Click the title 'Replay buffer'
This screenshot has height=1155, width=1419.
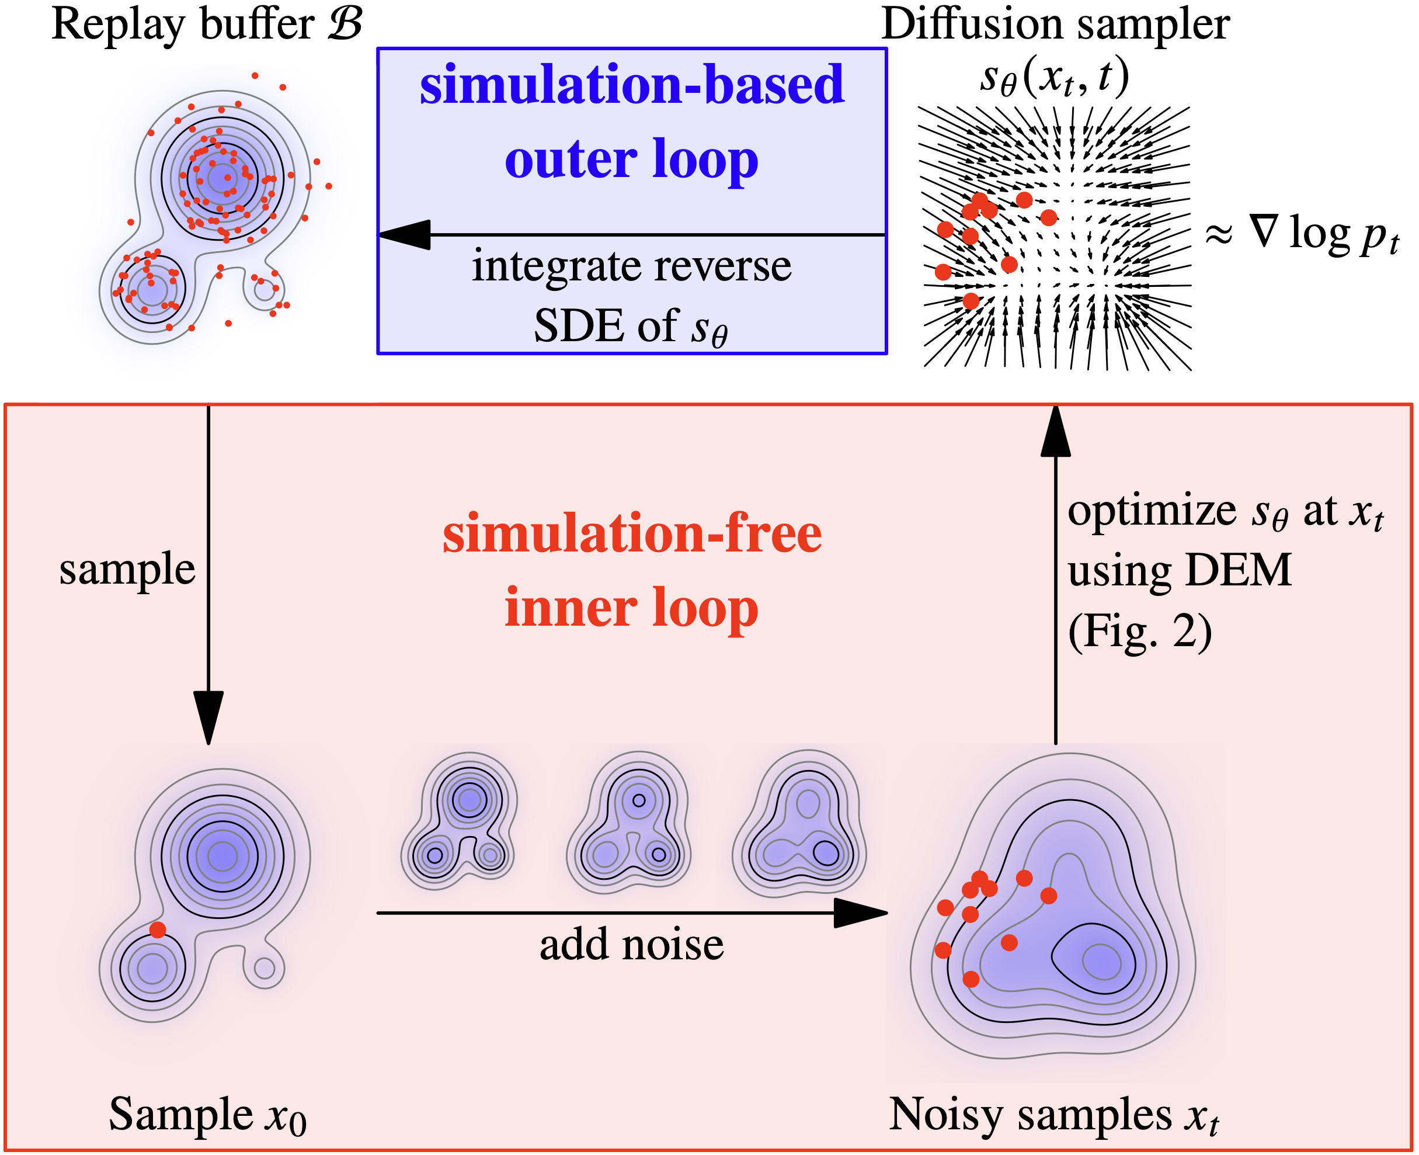coord(183,25)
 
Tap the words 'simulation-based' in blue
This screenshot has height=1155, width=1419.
coord(632,85)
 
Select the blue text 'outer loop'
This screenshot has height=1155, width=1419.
coord(632,159)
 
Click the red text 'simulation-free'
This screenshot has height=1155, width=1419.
coord(632,534)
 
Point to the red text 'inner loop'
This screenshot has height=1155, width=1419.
coord(632,608)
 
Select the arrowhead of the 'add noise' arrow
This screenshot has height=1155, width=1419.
coord(861,913)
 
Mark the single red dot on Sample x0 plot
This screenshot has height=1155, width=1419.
coord(158,929)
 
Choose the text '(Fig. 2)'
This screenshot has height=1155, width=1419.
coord(1140,632)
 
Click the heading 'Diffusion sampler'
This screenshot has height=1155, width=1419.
coord(1056,25)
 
